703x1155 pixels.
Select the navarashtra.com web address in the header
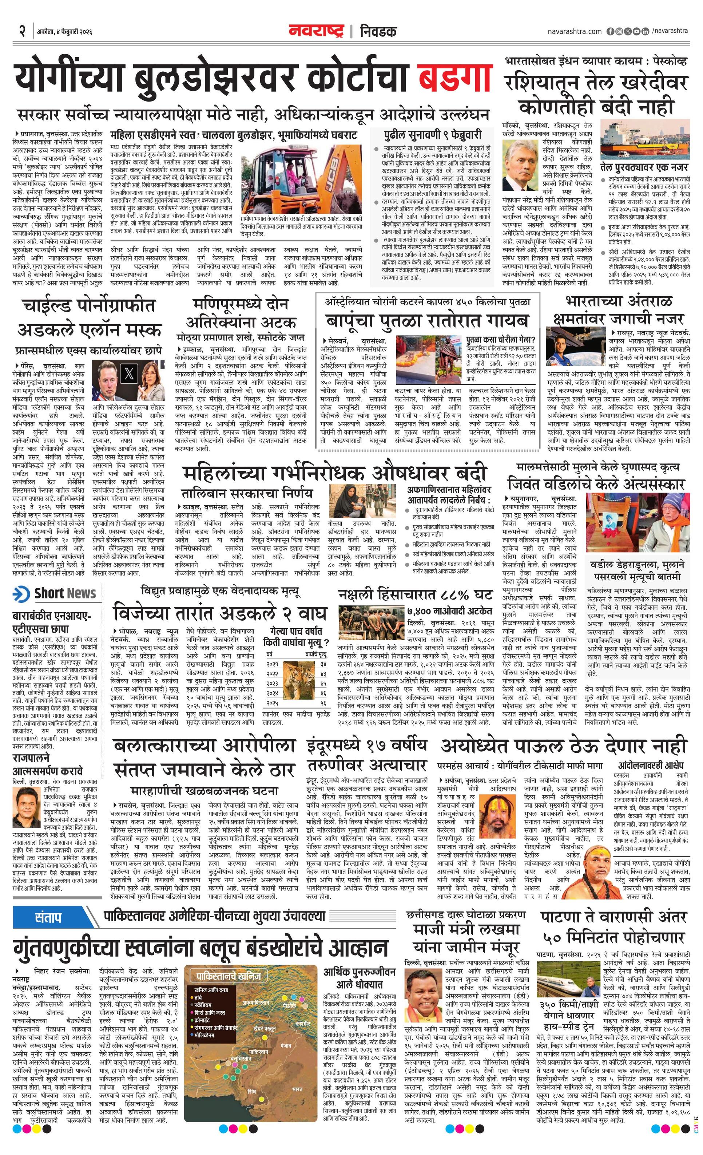(574, 31)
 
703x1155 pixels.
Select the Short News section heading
(65, 593)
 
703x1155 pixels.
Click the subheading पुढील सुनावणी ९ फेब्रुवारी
(432, 135)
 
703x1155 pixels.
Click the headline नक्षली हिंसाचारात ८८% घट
(415, 595)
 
